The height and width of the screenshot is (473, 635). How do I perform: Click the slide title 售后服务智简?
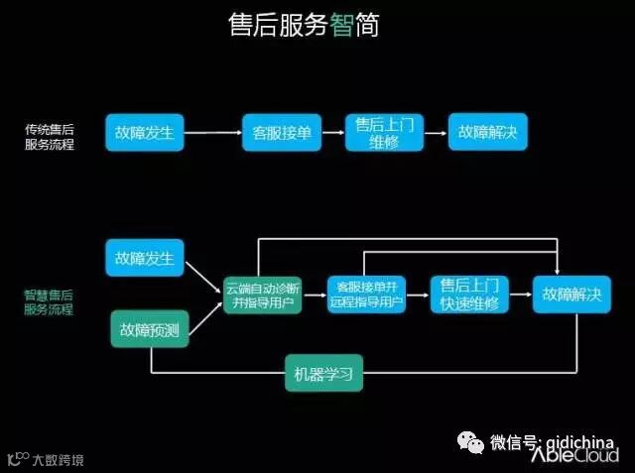tap(304, 26)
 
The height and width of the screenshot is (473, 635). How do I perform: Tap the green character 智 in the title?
tap(341, 26)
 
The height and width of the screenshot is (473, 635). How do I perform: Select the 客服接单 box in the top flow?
tap(282, 132)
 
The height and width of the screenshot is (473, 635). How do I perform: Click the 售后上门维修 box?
tap(384, 133)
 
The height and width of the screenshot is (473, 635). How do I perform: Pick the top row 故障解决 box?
tap(487, 132)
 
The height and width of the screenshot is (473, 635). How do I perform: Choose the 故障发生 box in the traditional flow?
tap(145, 132)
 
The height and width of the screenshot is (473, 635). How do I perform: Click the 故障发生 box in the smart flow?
tap(145, 259)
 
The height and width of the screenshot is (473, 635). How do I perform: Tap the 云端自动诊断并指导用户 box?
tap(263, 295)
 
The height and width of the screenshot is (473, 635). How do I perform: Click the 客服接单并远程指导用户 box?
tap(366, 295)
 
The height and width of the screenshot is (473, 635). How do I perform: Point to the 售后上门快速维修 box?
tap(469, 295)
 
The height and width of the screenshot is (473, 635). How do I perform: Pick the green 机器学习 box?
tap(323, 374)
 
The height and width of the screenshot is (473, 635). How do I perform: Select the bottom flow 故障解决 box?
tap(572, 295)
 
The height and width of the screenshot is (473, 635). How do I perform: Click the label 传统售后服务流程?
tap(49, 137)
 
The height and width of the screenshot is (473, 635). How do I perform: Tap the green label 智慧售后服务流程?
tap(49, 302)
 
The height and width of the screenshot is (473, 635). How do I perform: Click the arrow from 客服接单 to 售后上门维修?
tap(332, 132)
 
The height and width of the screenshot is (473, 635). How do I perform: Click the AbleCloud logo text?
tap(575, 455)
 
